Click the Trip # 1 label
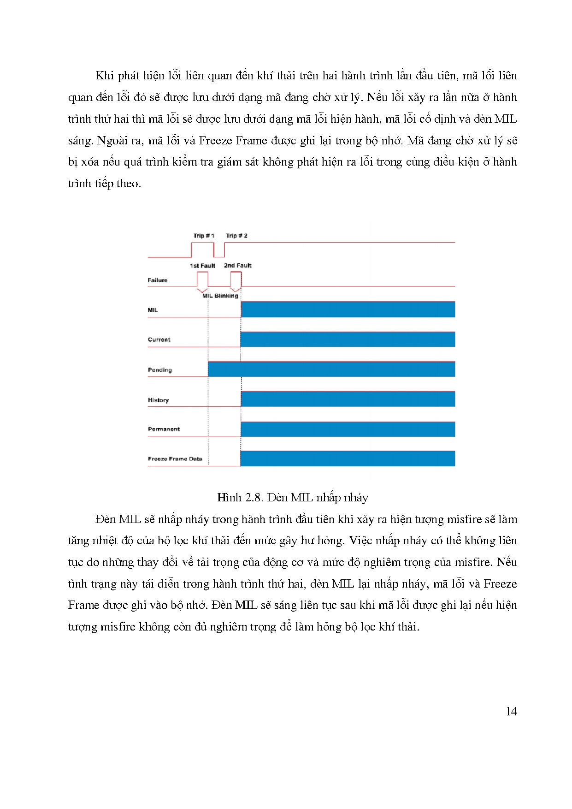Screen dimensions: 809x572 pos(204,236)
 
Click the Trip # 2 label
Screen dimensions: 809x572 pos(236,236)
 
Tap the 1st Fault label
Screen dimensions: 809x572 pos(202,266)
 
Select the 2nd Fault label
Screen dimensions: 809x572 pos(237,266)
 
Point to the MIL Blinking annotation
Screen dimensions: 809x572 pos(220,296)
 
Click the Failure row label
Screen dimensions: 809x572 pos(158,280)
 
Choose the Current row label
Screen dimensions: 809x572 pos(159,339)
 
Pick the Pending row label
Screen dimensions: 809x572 pos(160,370)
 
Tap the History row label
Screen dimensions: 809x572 pos(158,400)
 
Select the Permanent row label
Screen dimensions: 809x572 pos(164,429)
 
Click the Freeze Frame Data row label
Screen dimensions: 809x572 pos(175,459)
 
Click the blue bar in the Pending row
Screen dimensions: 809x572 pos(331,369)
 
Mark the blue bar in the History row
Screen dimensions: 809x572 pos(348,399)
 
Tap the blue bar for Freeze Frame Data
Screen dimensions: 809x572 pos(348,459)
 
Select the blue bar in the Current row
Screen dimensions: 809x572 pos(348,339)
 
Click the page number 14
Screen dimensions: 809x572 pos(511,712)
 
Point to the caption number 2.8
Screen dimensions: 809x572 pos(254,498)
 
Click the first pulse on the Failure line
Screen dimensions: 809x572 pos(202,280)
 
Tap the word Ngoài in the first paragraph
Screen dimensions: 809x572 pos(111,141)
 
